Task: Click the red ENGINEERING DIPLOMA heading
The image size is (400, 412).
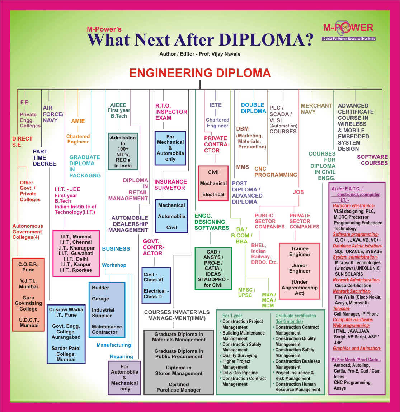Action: pyautogui.click(x=200, y=73)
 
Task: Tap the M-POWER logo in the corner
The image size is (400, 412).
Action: pyautogui.click(x=348, y=30)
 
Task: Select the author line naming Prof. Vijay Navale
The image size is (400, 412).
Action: pyautogui.click(x=200, y=54)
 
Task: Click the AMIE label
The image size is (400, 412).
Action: pyautogui.click(x=78, y=121)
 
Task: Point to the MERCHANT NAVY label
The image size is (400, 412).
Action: pyautogui.click(x=316, y=109)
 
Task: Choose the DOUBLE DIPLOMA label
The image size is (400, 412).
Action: pyautogui.click(x=253, y=108)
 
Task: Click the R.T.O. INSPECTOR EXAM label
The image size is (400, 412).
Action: pyautogui.click(x=171, y=112)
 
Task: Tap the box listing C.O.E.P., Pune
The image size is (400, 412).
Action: pyautogui.click(x=28, y=294)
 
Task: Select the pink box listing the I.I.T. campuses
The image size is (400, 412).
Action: pyautogui.click(x=76, y=254)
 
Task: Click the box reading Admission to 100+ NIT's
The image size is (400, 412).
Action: pyautogui.click(x=123, y=151)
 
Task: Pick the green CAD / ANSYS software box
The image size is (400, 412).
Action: pyautogui.click(x=213, y=268)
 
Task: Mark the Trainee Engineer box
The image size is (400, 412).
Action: pyautogui.click(x=300, y=271)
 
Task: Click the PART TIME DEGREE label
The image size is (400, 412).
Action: pyautogui.click(x=44, y=158)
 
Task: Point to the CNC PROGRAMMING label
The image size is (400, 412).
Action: pyautogui.click(x=276, y=172)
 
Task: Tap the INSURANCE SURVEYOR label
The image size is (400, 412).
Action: pyautogui.click(x=170, y=185)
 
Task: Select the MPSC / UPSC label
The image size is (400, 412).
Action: pyautogui.click(x=246, y=293)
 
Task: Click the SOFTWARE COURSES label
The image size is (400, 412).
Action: pyautogui.click(x=372, y=160)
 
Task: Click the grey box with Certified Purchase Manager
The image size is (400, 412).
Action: pyautogui.click(x=179, y=362)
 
